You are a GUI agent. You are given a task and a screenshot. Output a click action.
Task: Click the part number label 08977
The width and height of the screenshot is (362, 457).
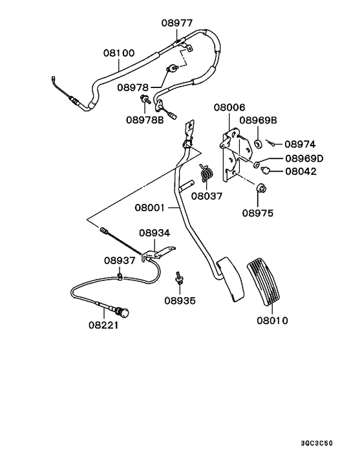[x=176, y=23]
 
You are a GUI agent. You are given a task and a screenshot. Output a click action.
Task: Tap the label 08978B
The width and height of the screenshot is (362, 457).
[x=145, y=119]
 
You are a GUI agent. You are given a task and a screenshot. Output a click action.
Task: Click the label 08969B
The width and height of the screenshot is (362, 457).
[x=259, y=120]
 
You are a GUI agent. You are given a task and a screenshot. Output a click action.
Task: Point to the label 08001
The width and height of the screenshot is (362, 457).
[x=150, y=208]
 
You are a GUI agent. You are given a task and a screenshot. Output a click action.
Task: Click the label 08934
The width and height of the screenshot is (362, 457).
[x=154, y=232]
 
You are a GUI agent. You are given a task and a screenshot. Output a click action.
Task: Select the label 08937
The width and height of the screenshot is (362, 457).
[x=120, y=260]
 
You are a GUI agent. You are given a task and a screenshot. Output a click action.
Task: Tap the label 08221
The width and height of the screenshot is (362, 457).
[x=104, y=326]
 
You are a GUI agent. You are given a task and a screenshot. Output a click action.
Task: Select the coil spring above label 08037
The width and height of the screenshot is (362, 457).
[x=206, y=173]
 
